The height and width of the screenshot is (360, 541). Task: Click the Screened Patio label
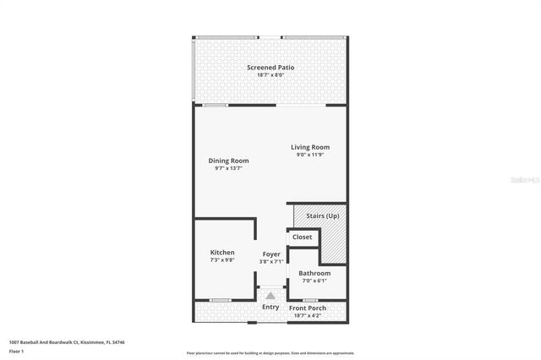270,68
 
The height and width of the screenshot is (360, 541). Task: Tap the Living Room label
309,148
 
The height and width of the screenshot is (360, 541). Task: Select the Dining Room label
228,161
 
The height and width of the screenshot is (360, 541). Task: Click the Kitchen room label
222,253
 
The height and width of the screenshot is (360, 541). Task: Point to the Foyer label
271,254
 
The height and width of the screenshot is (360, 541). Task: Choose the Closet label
302,237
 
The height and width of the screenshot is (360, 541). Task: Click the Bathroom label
314,274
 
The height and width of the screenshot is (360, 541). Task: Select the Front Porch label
309,307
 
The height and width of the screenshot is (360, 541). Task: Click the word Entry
270,307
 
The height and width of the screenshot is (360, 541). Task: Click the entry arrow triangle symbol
270,296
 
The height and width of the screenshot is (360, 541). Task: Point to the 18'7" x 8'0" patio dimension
270,75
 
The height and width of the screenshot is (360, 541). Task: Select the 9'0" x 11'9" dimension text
309,155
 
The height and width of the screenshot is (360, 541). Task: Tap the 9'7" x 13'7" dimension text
228,168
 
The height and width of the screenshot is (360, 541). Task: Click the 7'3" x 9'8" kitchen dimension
222,260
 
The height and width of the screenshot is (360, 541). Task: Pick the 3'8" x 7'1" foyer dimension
271,261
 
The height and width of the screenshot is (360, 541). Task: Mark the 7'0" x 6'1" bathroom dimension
314,281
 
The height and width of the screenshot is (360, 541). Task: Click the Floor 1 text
16,350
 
